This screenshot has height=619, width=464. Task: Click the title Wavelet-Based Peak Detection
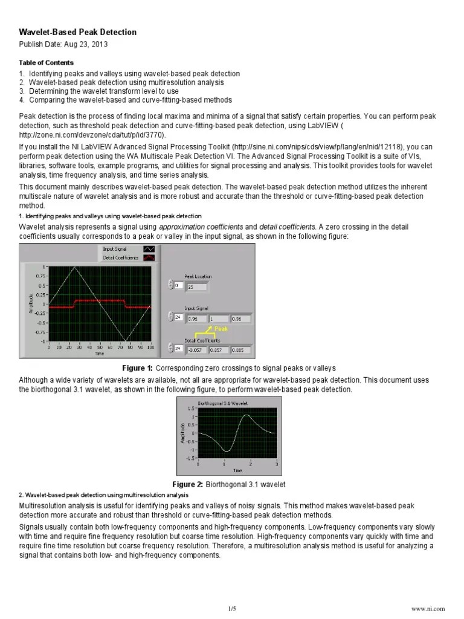[78, 32]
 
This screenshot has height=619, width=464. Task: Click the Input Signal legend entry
[115, 248]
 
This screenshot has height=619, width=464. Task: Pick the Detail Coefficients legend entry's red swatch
[149, 258]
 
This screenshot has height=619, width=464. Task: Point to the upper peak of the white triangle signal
[74, 267]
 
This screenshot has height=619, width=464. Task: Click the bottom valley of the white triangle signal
[125, 341]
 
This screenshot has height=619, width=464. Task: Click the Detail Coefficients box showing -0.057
[197, 350]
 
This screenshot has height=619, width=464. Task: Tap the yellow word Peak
[221, 329]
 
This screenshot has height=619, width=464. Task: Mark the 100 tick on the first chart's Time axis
[150, 347]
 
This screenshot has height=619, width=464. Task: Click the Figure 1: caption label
[138, 368]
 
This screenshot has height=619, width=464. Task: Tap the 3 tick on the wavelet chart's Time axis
[276, 464]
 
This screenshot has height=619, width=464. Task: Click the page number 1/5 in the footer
[231, 608]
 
